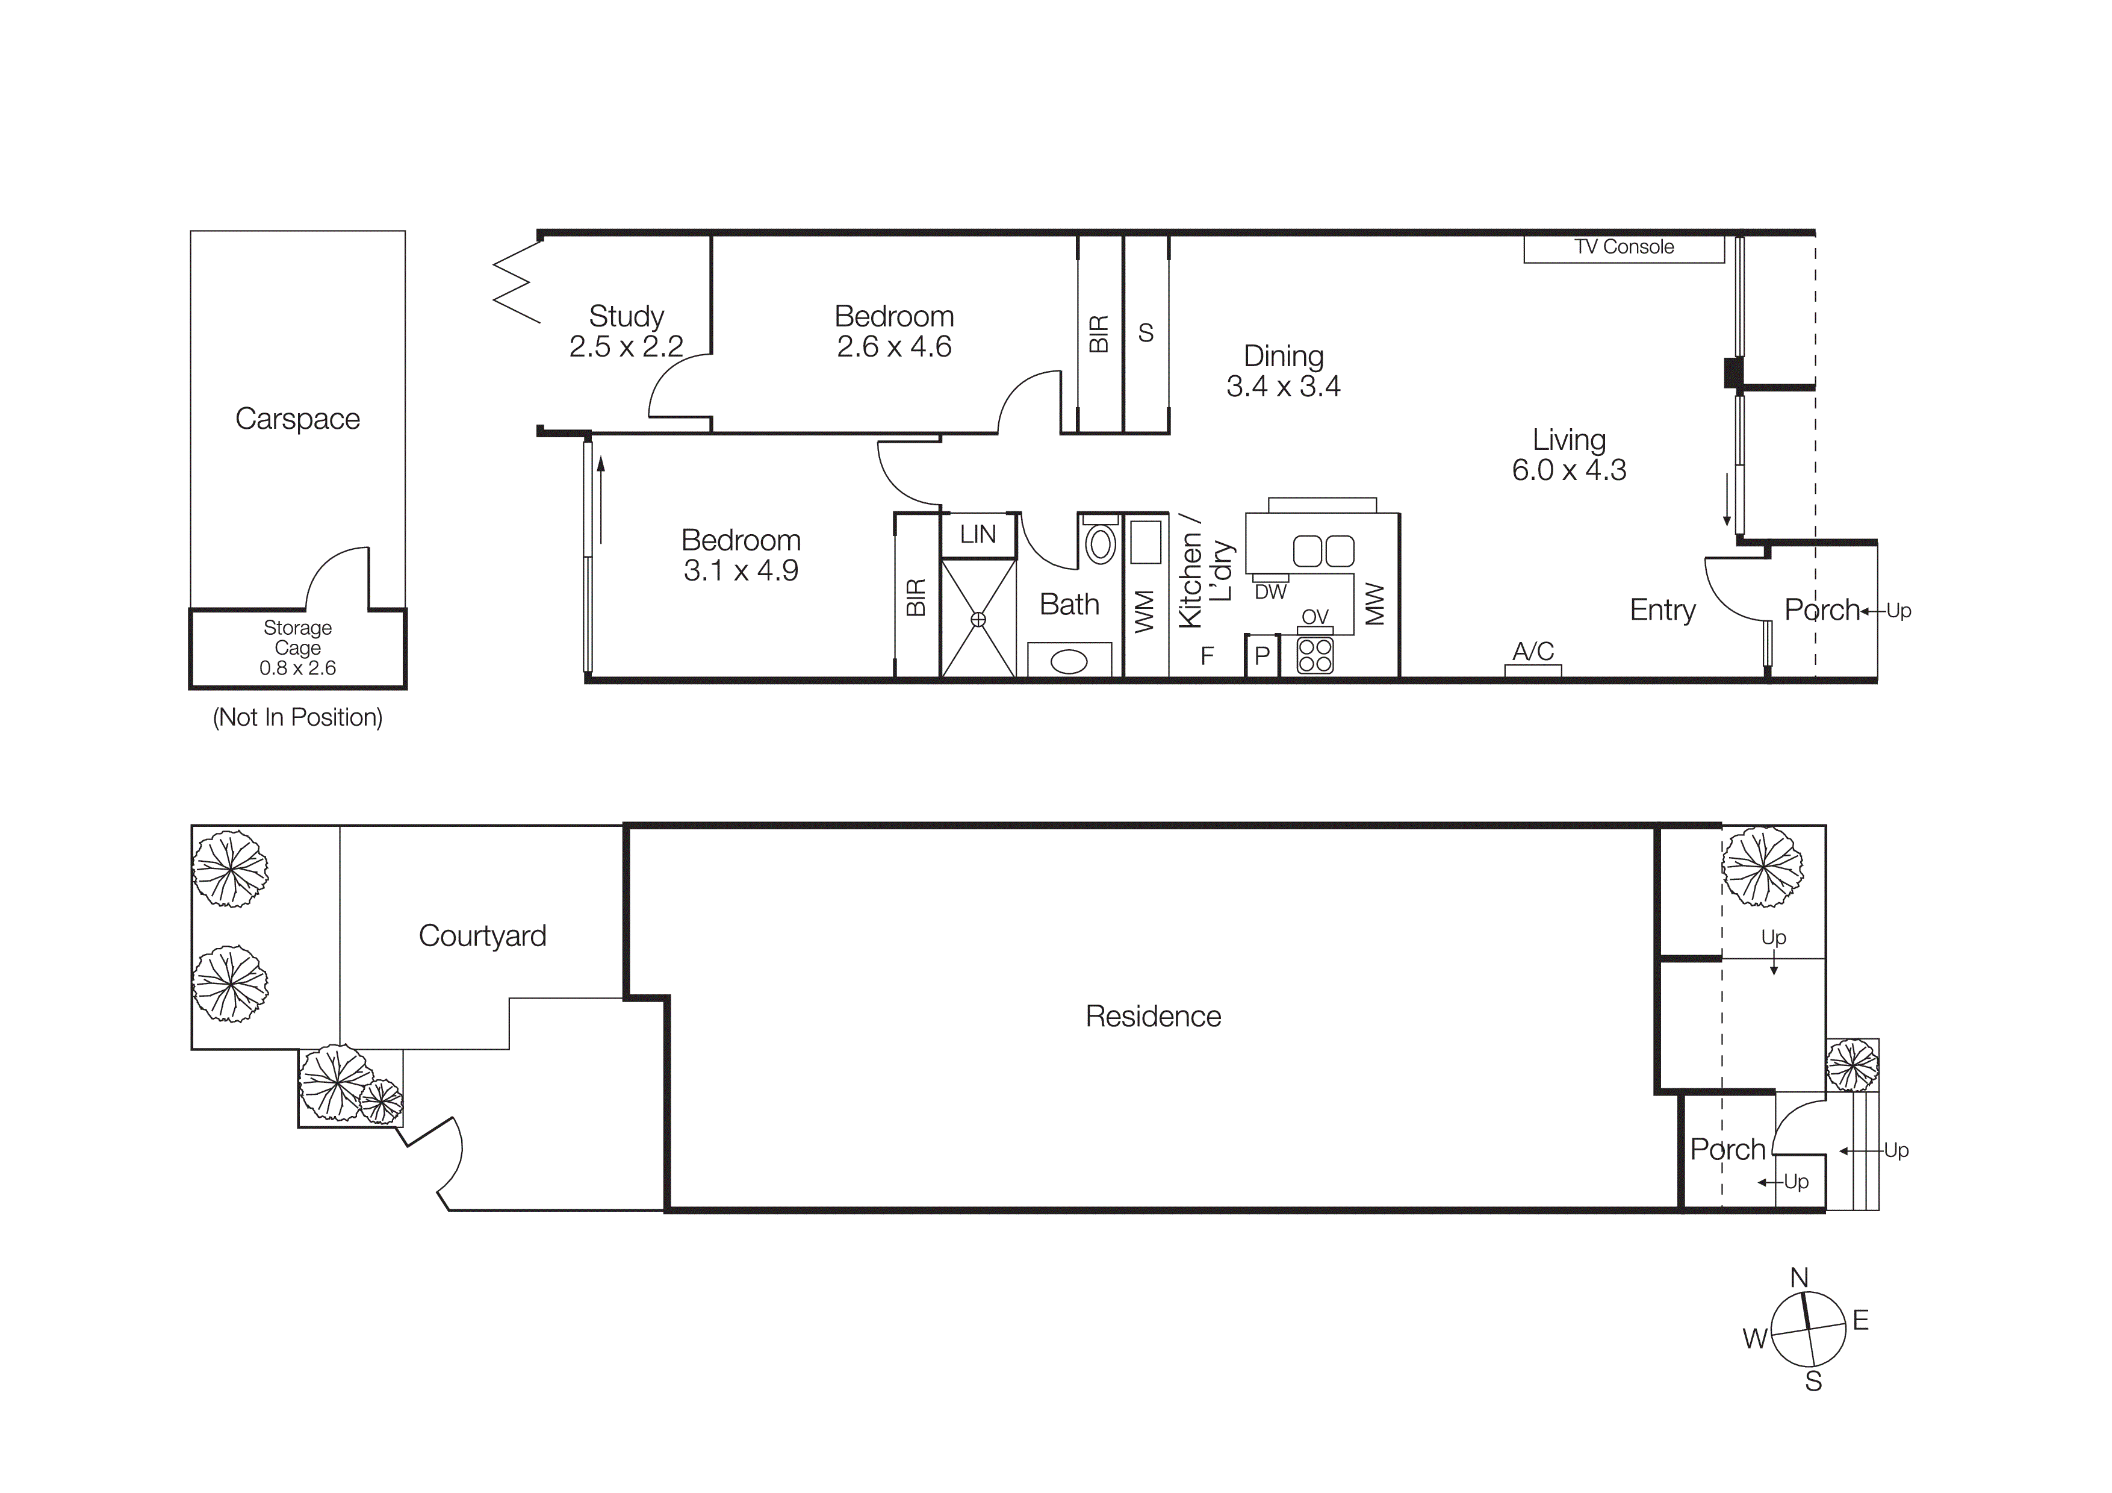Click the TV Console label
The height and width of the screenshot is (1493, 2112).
tap(1624, 248)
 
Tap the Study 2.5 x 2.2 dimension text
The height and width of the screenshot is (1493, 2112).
tap(626, 347)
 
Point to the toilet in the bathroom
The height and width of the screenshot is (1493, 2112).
tap(1100, 544)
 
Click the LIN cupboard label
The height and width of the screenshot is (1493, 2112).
tap(977, 534)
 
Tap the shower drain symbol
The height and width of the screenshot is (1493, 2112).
tap(978, 619)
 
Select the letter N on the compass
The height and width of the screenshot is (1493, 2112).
tap(1800, 1278)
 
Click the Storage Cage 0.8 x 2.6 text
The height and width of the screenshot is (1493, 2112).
tap(297, 647)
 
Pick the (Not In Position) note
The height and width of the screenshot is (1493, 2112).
tap(297, 717)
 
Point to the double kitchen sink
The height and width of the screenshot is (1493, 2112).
tap(1323, 551)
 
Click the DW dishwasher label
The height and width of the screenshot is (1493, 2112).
tap(1270, 593)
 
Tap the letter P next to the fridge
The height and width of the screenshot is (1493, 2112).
tap(1262, 656)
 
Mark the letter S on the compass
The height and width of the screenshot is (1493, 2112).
tap(1813, 1382)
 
